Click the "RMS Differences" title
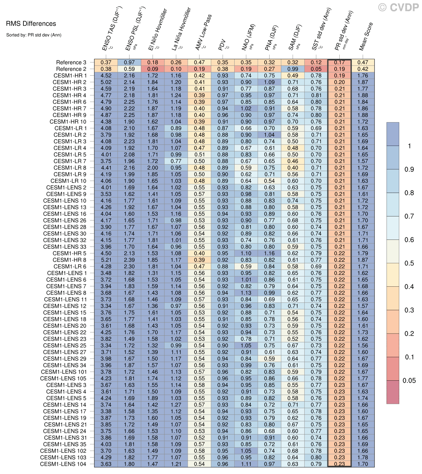click(31, 24)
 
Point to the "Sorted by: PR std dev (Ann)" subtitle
click(34, 35)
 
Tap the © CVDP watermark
click(399, 8)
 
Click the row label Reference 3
click(71, 62)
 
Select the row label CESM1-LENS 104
click(63, 464)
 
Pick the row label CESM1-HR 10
click(68, 122)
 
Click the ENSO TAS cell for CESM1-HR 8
click(106, 260)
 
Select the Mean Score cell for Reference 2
click(363, 69)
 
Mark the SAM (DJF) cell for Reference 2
click(293, 69)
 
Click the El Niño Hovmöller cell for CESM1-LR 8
click(153, 168)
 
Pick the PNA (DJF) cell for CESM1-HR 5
click(269, 253)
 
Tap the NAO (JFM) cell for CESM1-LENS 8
click(246, 293)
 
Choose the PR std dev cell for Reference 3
click(339, 62)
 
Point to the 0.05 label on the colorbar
click(409, 381)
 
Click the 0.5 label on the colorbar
click(409, 263)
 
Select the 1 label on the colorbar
click(409, 146)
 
